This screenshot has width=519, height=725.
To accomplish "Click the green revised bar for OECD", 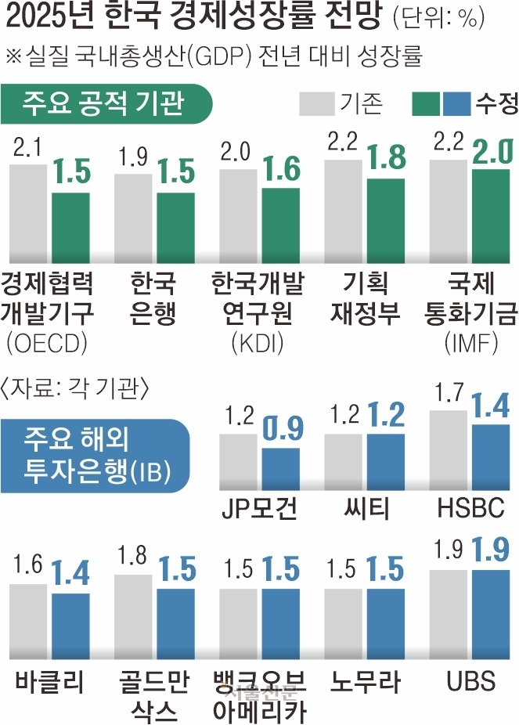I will click(71, 228).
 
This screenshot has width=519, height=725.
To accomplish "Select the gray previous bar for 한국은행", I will click(132, 218).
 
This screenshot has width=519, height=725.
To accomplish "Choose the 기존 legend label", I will click(361, 103).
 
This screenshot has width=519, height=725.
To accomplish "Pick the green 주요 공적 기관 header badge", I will click(108, 102).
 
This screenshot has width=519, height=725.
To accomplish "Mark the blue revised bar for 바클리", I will click(70, 626).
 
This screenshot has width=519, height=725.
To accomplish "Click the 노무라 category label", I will click(366, 680).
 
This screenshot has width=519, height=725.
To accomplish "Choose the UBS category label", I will click(470, 680).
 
